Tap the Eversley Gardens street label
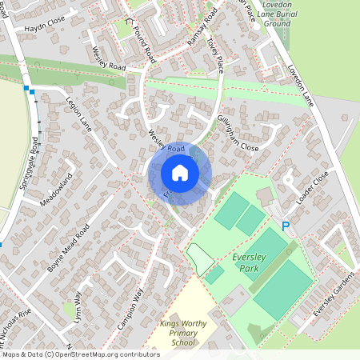pos(334,294)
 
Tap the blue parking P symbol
pos(285,228)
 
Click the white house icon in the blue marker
pos(180,173)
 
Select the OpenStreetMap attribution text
pos(80,354)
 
